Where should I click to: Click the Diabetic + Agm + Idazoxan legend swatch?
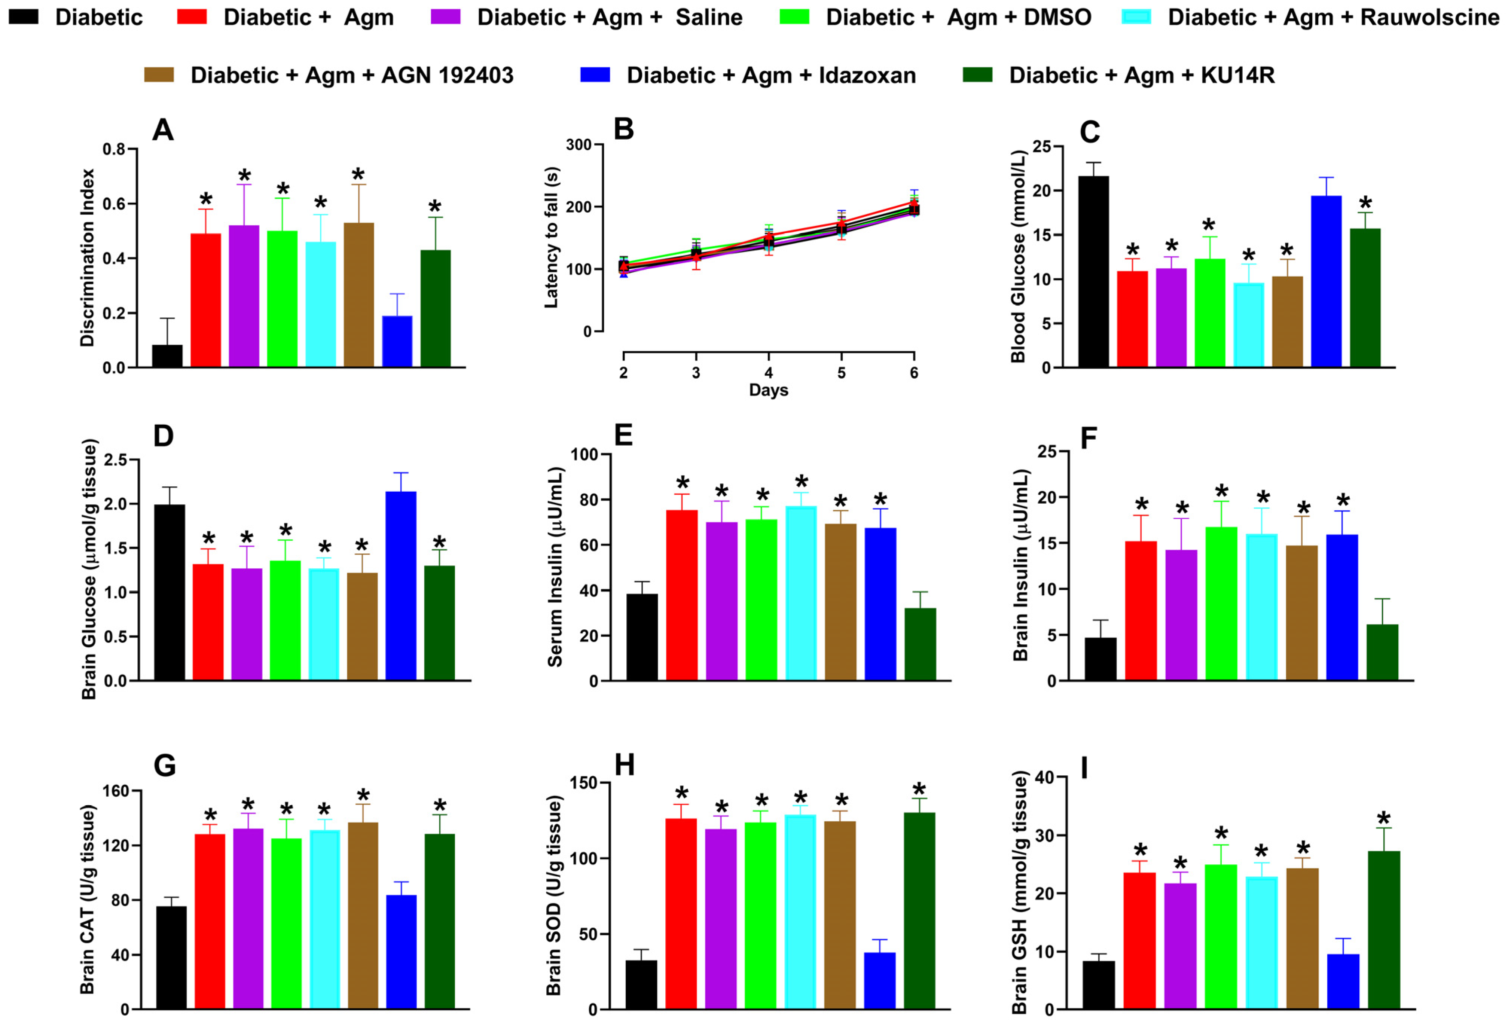[595, 74]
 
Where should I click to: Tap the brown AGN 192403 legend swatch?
[159, 74]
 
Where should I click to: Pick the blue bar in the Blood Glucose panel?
[1326, 282]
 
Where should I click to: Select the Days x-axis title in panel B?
[768, 390]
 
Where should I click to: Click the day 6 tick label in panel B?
[914, 373]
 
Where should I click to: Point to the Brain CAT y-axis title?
[88, 899]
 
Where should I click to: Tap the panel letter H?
[624, 766]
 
